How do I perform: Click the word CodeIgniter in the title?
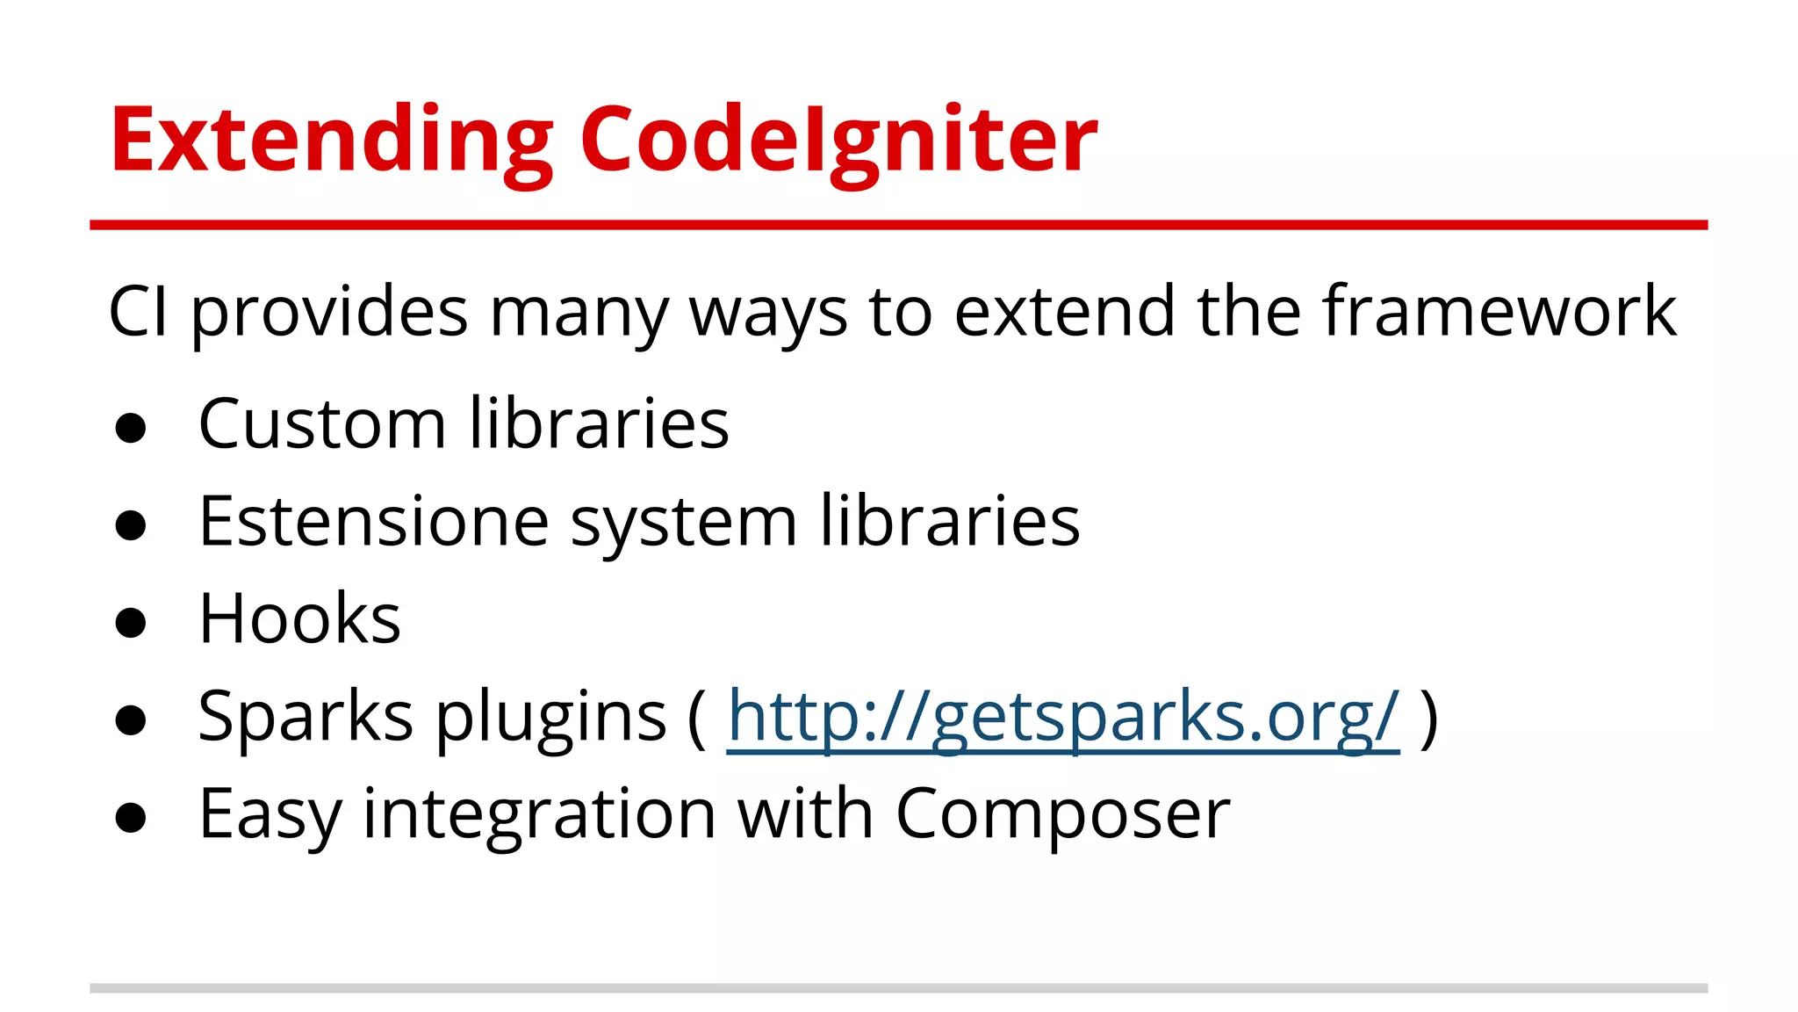tap(838, 141)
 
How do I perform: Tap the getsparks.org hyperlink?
tap(1063, 717)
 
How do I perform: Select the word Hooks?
tap(299, 618)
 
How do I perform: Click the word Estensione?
tap(374, 521)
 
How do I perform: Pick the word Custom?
tap(322, 423)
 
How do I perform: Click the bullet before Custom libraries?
tap(131, 428)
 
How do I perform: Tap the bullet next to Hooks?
tap(131, 623)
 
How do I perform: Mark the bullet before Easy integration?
tap(131, 818)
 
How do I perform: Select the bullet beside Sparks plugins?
tap(131, 720)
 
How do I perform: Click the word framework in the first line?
tap(1500, 311)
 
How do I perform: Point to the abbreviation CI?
tap(138, 311)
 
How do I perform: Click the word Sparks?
tap(306, 717)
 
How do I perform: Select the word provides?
tap(330, 313)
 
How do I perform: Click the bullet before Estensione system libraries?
tap(131, 525)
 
